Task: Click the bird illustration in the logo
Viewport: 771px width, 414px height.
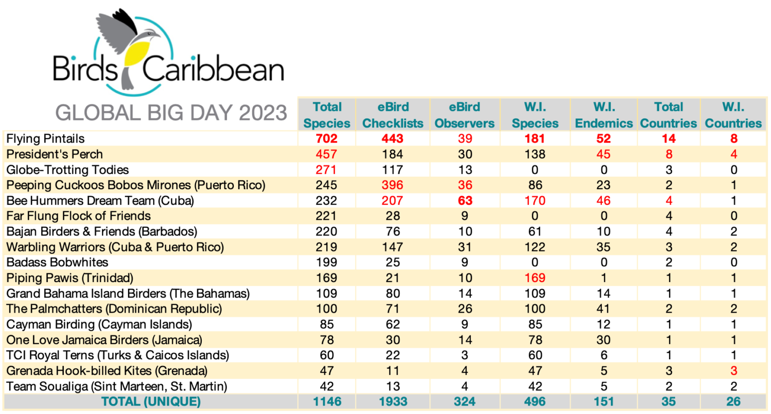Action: [x=132, y=48]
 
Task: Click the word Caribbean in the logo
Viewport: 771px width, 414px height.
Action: [x=213, y=70]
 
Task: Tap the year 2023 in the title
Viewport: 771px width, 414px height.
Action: [x=263, y=113]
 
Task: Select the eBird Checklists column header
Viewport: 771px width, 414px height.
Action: [x=393, y=115]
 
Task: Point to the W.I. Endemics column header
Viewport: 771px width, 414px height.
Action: [x=604, y=115]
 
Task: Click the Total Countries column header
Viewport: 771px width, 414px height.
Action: [x=669, y=115]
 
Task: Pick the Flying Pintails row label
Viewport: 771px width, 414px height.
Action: [x=46, y=139]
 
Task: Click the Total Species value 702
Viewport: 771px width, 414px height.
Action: [x=327, y=139]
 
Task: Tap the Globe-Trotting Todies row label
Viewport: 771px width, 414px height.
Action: [x=68, y=170]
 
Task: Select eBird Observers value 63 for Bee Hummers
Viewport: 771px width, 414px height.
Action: [x=465, y=201]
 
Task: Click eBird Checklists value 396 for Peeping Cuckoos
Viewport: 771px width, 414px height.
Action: [x=393, y=185]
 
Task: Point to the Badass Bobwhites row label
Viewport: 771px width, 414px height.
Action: [x=57, y=262]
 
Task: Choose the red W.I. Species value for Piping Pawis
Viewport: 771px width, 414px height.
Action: [x=535, y=278]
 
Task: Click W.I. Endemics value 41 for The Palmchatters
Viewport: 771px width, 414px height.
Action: [x=604, y=309]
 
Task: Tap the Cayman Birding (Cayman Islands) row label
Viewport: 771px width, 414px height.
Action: [x=99, y=325]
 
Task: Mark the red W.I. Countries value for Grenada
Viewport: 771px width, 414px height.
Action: [x=733, y=371]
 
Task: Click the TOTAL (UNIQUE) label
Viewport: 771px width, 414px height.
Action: [x=151, y=401]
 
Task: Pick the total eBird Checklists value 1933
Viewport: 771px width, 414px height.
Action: [x=393, y=401]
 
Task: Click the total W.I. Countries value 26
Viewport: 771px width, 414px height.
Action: [x=733, y=401]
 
